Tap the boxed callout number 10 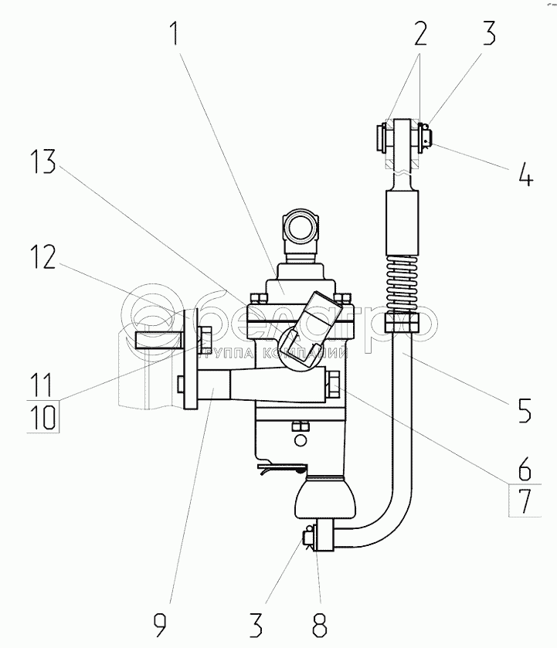pyautogui.click(x=45, y=417)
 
